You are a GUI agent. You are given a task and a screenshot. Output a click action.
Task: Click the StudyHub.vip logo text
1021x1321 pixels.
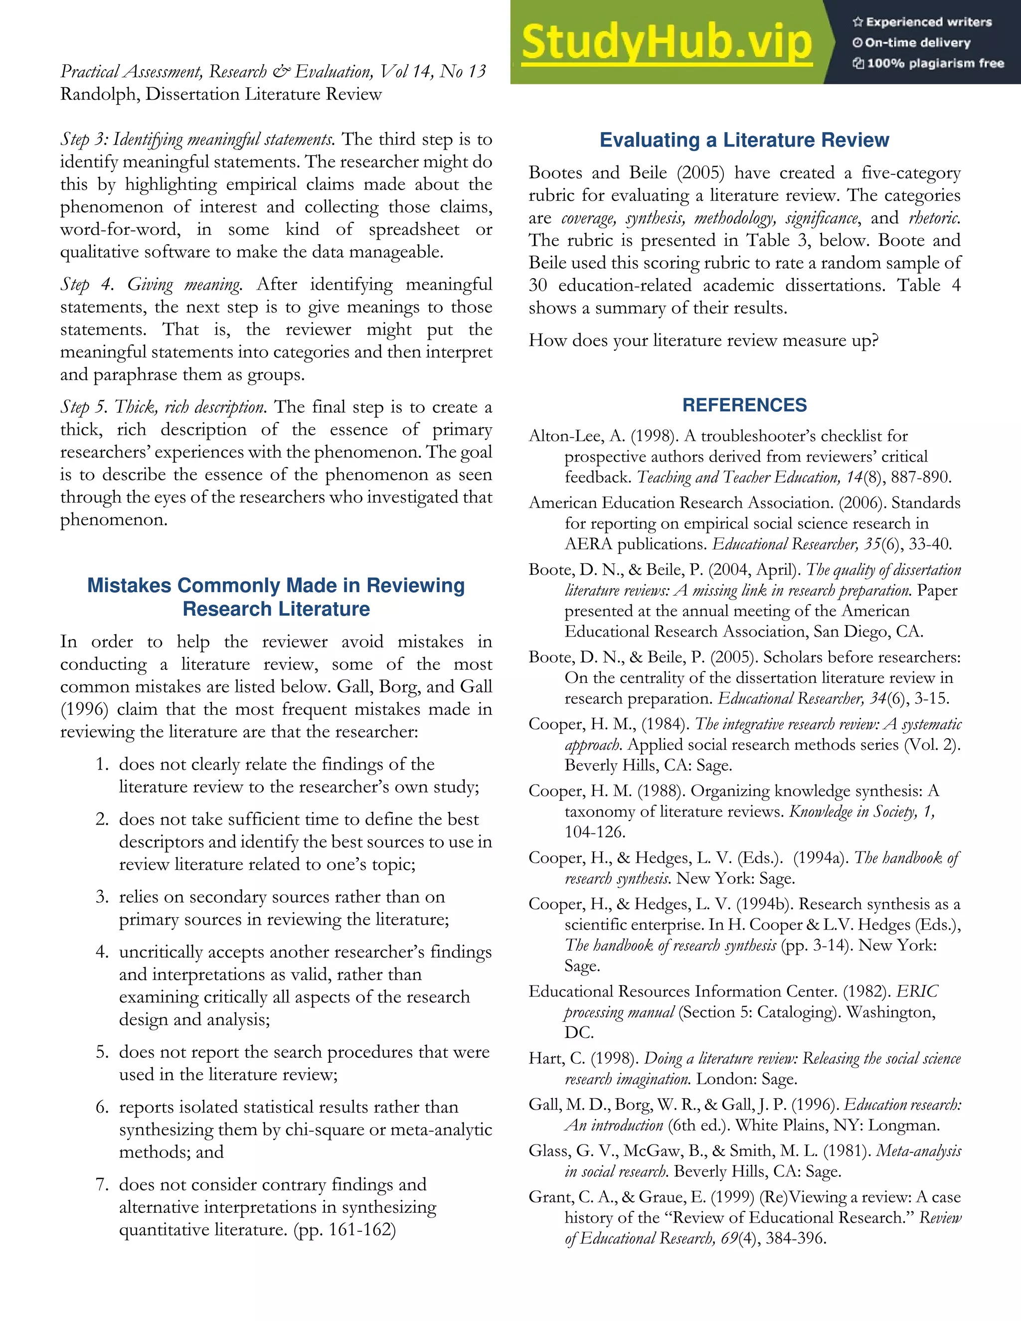click(667, 42)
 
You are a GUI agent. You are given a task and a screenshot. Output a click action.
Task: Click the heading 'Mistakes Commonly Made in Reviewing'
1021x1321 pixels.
click(276, 586)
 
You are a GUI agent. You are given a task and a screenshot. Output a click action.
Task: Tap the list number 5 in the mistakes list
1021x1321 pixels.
click(102, 1052)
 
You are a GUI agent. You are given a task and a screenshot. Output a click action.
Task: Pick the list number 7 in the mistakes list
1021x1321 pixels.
click(102, 1184)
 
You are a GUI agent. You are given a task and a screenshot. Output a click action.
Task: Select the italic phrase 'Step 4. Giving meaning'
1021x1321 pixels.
click(151, 285)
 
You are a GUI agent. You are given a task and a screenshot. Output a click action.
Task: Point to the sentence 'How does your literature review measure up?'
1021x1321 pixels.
click(703, 340)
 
